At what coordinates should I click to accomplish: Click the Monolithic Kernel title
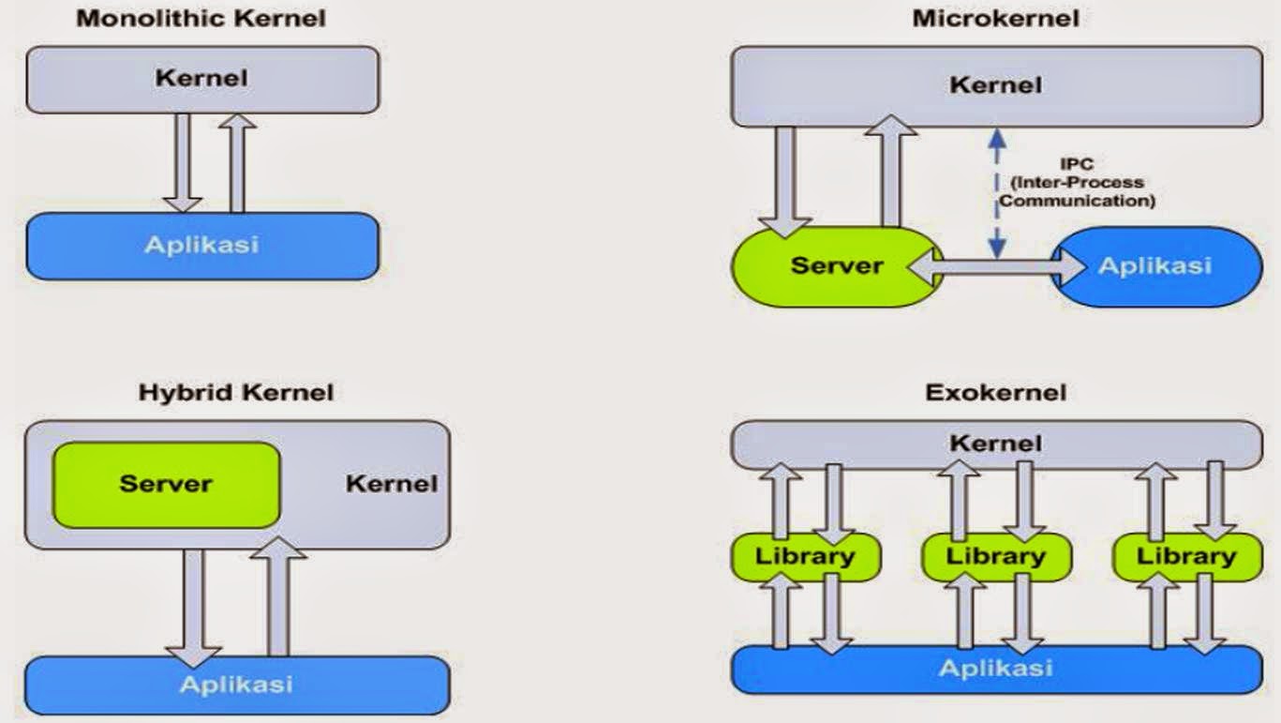click(201, 19)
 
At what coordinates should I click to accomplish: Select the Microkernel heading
click(995, 19)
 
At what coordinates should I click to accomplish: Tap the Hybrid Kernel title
click(235, 392)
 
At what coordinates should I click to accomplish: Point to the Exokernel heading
click(995, 392)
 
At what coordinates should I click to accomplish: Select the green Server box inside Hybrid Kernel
click(167, 485)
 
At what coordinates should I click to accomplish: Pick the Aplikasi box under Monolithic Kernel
click(201, 246)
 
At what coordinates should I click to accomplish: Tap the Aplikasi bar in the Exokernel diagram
click(995, 669)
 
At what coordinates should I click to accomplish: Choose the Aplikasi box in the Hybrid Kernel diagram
click(236, 684)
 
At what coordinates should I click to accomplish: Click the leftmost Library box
click(805, 556)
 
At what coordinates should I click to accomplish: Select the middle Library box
click(995, 556)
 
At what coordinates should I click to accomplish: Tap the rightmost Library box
click(1186, 556)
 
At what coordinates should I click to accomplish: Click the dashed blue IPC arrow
click(997, 193)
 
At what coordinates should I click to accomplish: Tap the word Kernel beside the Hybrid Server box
click(391, 484)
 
